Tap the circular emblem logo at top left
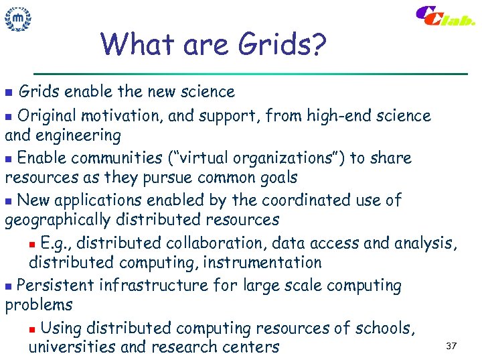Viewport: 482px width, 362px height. click(19, 19)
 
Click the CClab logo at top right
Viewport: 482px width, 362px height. click(445, 17)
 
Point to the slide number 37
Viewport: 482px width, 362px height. click(451, 346)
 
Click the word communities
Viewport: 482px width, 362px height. click(110, 158)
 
